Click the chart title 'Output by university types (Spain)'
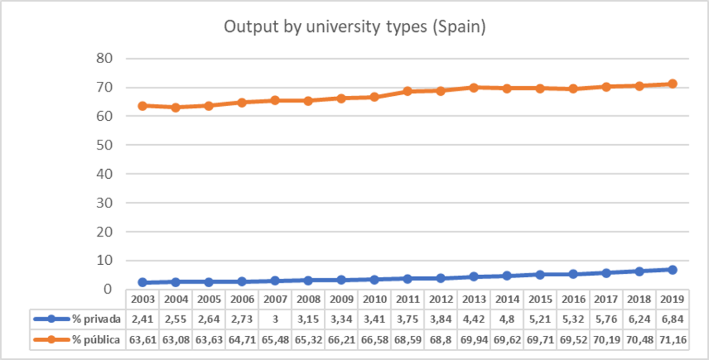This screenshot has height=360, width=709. tap(354, 27)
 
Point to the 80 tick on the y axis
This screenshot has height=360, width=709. tap(103, 59)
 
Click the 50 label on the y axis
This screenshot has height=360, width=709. tap(103, 146)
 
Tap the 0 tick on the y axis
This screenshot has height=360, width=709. tap(108, 289)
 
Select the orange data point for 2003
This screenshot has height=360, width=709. tap(142, 106)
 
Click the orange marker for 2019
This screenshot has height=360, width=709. tap(672, 84)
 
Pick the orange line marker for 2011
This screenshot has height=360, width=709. tap(408, 91)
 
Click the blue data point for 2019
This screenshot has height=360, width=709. tap(672, 269)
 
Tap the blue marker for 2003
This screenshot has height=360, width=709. tap(142, 282)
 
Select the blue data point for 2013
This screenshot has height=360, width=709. tap(473, 276)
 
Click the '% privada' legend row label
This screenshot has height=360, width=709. tap(95, 319)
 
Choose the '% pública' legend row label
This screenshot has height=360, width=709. tap(95, 340)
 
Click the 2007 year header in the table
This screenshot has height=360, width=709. tap(275, 299)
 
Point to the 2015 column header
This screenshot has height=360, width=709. tap(540, 299)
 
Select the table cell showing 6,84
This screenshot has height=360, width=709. tap(672, 319)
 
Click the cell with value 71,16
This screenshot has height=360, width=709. tap(672, 340)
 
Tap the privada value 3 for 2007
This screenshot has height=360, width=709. tap(275, 319)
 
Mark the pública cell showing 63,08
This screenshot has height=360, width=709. tap(176, 340)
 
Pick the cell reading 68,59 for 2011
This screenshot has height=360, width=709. tap(408, 340)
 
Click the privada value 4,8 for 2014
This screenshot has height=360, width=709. tap(507, 319)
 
